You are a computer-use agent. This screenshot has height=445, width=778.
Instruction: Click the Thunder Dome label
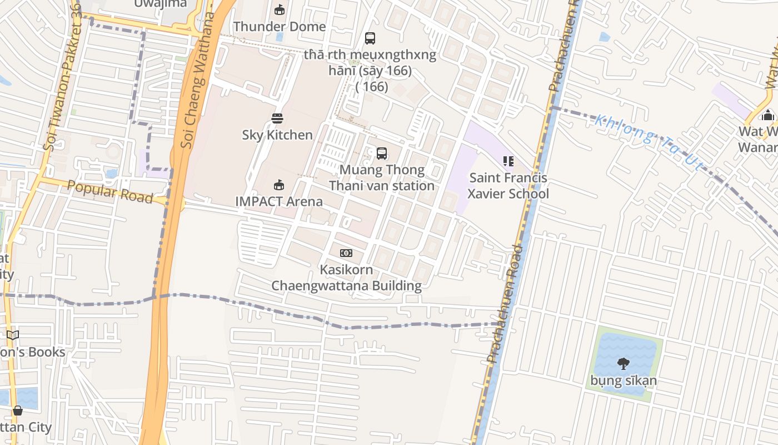[279, 26]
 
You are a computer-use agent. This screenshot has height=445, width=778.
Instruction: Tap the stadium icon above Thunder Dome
[279, 9]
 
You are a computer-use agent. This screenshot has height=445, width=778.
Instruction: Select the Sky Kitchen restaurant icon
[277, 118]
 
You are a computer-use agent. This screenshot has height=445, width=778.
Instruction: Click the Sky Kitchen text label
[277, 135]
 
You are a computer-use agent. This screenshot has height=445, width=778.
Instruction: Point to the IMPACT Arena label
[278, 201]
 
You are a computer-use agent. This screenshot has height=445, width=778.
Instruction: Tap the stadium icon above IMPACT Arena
[278, 185]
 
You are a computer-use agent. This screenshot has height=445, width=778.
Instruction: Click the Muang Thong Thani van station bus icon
[381, 154]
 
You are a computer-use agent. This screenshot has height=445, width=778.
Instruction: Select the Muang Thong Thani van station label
[381, 177]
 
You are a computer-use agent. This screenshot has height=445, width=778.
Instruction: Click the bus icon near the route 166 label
[370, 38]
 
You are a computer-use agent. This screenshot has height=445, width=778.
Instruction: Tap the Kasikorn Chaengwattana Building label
[346, 278]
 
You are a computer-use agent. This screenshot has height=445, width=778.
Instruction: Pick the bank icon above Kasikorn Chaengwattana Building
[346, 253]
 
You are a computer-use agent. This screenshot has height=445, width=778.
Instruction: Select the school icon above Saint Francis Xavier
[508, 161]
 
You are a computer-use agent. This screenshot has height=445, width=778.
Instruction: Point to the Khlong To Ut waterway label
[648, 141]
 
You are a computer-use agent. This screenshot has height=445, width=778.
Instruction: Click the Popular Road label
[109, 191]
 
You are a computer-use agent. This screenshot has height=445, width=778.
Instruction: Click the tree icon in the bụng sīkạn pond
[623, 364]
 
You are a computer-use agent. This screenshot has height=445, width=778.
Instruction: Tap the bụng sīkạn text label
[623, 381]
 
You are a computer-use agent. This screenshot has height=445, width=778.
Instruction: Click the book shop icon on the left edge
[13, 335]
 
